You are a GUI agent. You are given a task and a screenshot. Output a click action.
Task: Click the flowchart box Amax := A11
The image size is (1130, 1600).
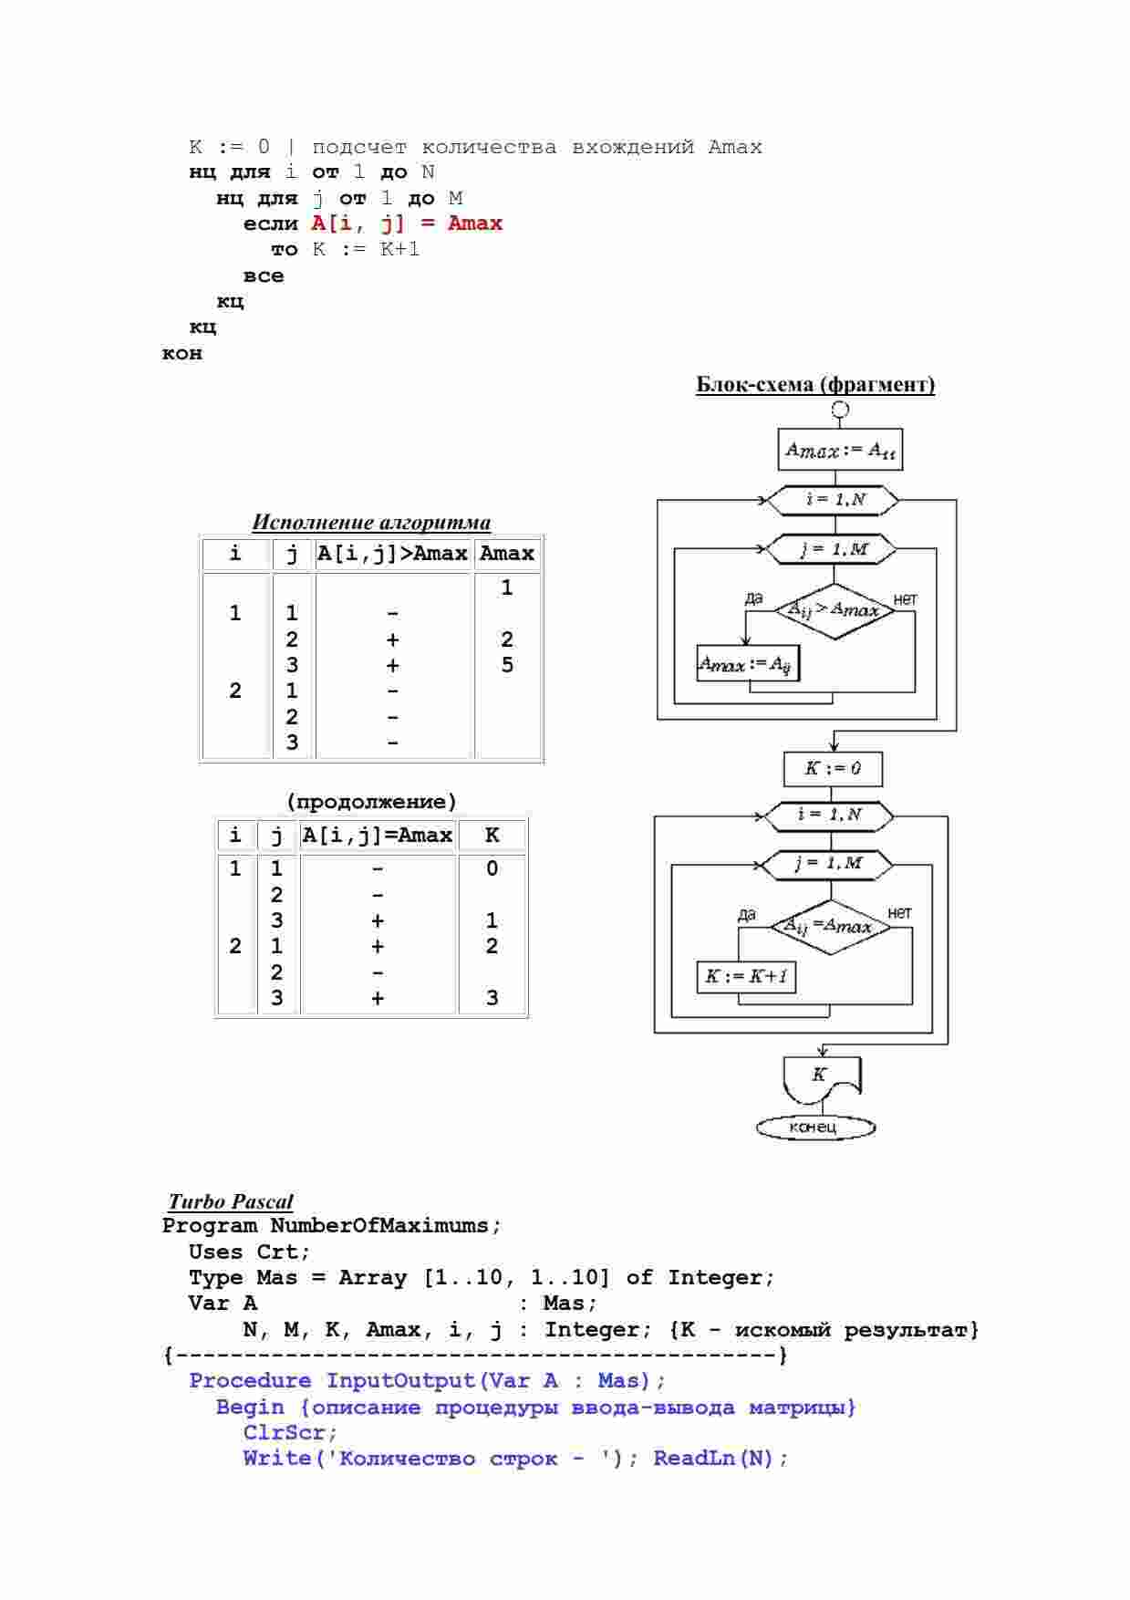840,450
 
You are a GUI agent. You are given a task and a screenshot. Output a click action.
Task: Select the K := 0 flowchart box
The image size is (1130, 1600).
833,768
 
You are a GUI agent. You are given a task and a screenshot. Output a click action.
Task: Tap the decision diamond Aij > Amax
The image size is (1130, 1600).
834,610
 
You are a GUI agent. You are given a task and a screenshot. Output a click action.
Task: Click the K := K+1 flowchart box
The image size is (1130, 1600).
746,977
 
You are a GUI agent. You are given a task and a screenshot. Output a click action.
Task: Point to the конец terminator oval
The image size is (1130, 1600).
815,1127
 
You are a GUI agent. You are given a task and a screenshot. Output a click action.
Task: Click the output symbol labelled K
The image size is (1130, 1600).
822,1078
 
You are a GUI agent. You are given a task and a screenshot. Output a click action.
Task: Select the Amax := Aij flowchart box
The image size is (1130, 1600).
747,663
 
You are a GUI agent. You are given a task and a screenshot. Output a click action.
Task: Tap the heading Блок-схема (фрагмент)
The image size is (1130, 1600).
815,384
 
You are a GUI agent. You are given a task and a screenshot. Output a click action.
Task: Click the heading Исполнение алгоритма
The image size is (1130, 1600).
371,523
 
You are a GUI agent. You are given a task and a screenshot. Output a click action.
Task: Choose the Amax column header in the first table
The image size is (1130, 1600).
507,553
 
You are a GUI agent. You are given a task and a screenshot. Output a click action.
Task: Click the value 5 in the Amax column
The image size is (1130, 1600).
507,665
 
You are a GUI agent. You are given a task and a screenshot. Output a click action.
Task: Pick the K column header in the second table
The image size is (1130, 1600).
492,835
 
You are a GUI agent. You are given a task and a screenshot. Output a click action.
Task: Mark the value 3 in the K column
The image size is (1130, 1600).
492,998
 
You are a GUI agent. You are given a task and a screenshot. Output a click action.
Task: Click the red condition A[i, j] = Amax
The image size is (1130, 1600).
407,223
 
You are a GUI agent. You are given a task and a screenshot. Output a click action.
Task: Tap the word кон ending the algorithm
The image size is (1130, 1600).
182,353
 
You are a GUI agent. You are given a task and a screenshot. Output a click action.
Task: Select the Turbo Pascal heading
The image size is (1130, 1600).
231,1201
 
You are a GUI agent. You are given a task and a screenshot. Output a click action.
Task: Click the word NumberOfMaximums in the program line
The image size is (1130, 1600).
378,1225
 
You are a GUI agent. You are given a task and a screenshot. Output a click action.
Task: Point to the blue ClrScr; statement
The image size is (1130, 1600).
290,1432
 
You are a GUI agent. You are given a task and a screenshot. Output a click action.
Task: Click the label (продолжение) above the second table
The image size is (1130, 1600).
371,802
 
